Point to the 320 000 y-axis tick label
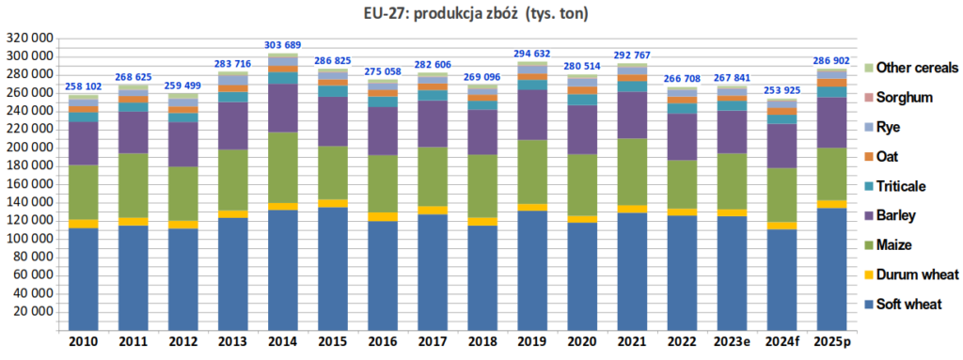(x=29, y=39)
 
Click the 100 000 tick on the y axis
(x=29, y=239)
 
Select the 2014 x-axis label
(x=283, y=340)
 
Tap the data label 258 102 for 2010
(x=84, y=86)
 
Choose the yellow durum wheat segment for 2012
(x=183, y=225)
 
